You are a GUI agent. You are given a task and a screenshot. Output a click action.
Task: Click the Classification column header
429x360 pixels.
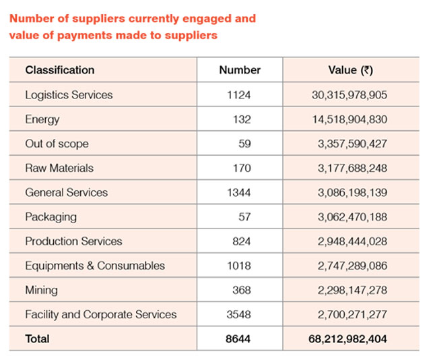point(60,70)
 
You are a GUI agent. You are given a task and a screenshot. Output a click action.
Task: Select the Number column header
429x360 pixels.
point(240,70)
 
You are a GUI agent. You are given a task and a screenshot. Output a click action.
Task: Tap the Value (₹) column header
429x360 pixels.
point(350,70)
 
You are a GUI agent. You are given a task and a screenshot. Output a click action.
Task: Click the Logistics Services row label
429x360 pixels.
point(69,95)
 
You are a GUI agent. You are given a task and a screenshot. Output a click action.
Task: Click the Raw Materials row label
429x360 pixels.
point(59,168)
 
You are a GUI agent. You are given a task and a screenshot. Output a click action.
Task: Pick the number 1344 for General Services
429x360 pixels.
point(239,192)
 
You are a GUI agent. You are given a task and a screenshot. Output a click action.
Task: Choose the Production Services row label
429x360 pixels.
point(73,241)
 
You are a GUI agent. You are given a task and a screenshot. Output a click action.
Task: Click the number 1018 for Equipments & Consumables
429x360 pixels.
point(239,266)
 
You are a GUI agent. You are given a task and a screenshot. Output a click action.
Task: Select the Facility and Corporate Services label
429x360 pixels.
point(101,314)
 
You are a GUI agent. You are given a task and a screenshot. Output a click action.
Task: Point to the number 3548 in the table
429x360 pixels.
point(239,314)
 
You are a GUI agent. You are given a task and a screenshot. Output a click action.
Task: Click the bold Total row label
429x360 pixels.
point(38,338)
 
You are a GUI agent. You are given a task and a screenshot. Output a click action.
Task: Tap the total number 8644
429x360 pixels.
point(239,338)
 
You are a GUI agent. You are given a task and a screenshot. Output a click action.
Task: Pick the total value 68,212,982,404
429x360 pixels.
point(345,338)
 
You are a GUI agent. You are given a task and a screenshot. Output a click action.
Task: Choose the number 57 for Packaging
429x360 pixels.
point(244,217)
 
